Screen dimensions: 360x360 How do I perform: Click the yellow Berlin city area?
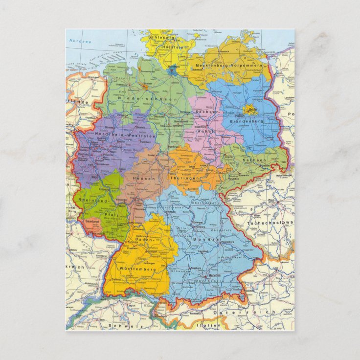point(252,110)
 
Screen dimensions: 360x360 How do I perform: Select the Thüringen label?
point(184,179)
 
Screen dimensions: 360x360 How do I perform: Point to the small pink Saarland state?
point(91,222)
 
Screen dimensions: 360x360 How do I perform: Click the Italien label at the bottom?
point(206,325)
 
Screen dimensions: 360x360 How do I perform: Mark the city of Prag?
point(270,200)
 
